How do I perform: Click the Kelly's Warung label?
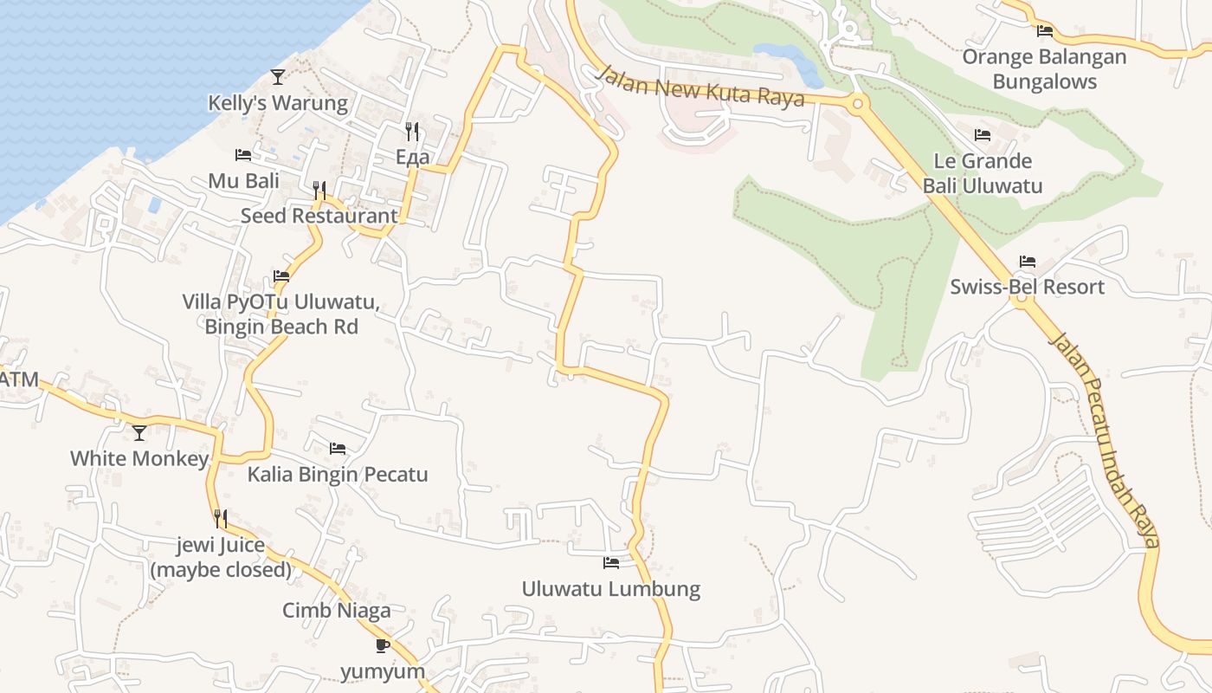(277, 103)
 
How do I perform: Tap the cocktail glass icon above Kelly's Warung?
(277, 77)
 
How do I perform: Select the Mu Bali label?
(244, 181)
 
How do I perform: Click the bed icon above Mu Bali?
(243, 155)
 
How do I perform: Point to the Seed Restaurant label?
(319, 216)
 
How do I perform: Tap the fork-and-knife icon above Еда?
(412, 131)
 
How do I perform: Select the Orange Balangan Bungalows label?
(1044, 69)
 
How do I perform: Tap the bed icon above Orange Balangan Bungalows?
(1045, 31)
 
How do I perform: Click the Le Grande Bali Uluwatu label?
(983, 173)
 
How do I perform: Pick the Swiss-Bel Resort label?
(1027, 287)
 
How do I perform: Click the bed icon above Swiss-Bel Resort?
(1028, 261)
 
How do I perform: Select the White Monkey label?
(139, 458)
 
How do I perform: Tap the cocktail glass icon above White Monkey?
(139, 432)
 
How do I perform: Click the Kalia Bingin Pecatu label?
(338, 475)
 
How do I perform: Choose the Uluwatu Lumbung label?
(610, 589)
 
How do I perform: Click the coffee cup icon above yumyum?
(383, 645)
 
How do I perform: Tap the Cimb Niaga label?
(337, 610)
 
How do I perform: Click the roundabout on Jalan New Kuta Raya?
(858, 104)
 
